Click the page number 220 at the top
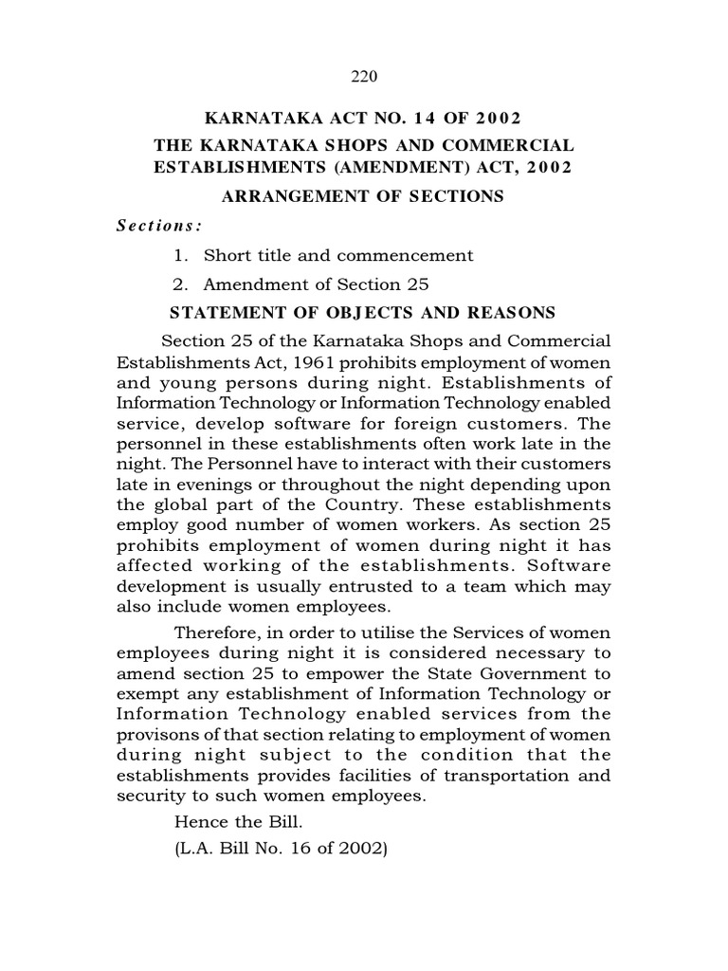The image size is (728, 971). [x=364, y=77]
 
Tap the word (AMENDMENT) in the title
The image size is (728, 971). [x=361, y=169]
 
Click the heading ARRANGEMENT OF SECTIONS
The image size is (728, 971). [x=364, y=197]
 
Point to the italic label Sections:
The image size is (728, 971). [x=159, y=226]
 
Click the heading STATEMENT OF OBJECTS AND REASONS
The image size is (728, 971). [x=362, y=313]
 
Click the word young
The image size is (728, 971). [x=186, y=382]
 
